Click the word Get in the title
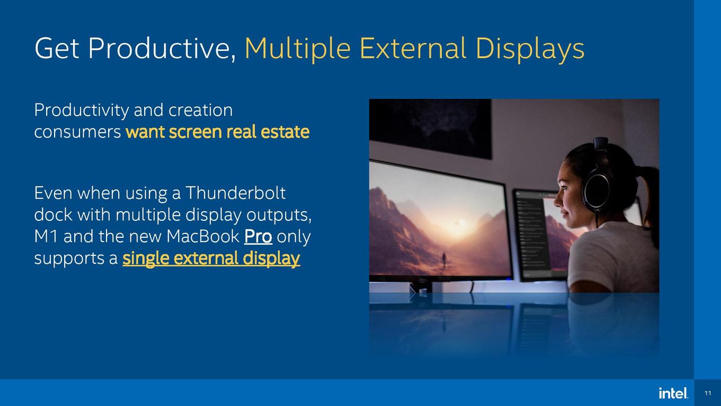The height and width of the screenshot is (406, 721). coord(57,48)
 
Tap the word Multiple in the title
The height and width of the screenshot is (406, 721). coord(298,48)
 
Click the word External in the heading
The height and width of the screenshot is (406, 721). coord(412,48)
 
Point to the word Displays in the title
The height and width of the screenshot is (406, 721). coord(530,48)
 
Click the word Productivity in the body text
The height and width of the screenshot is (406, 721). coord(82,110)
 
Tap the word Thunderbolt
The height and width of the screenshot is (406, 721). coord(235,193)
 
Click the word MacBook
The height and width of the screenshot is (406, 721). coord(203,236)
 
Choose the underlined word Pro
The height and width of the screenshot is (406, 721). coord(258,237)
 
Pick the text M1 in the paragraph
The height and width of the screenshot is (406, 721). coord(46,236)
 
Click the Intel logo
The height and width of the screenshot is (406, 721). coord(673,393)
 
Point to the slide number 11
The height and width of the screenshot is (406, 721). coord(708,393)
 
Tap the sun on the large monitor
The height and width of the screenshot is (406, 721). coord(462,222)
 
